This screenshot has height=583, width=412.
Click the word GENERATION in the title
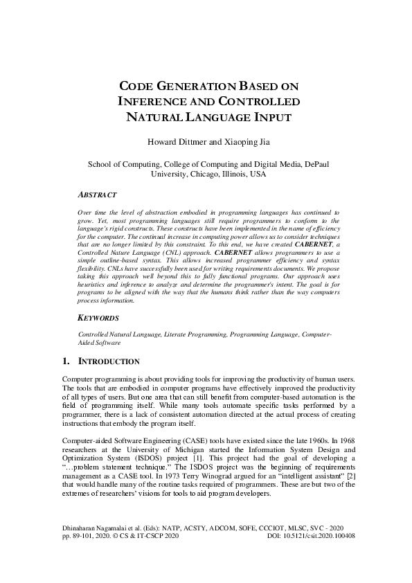point(188,87)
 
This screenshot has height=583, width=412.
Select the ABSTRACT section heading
point(97,195)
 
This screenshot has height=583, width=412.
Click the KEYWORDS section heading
point(99,318)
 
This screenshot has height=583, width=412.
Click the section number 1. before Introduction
point(67,361)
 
